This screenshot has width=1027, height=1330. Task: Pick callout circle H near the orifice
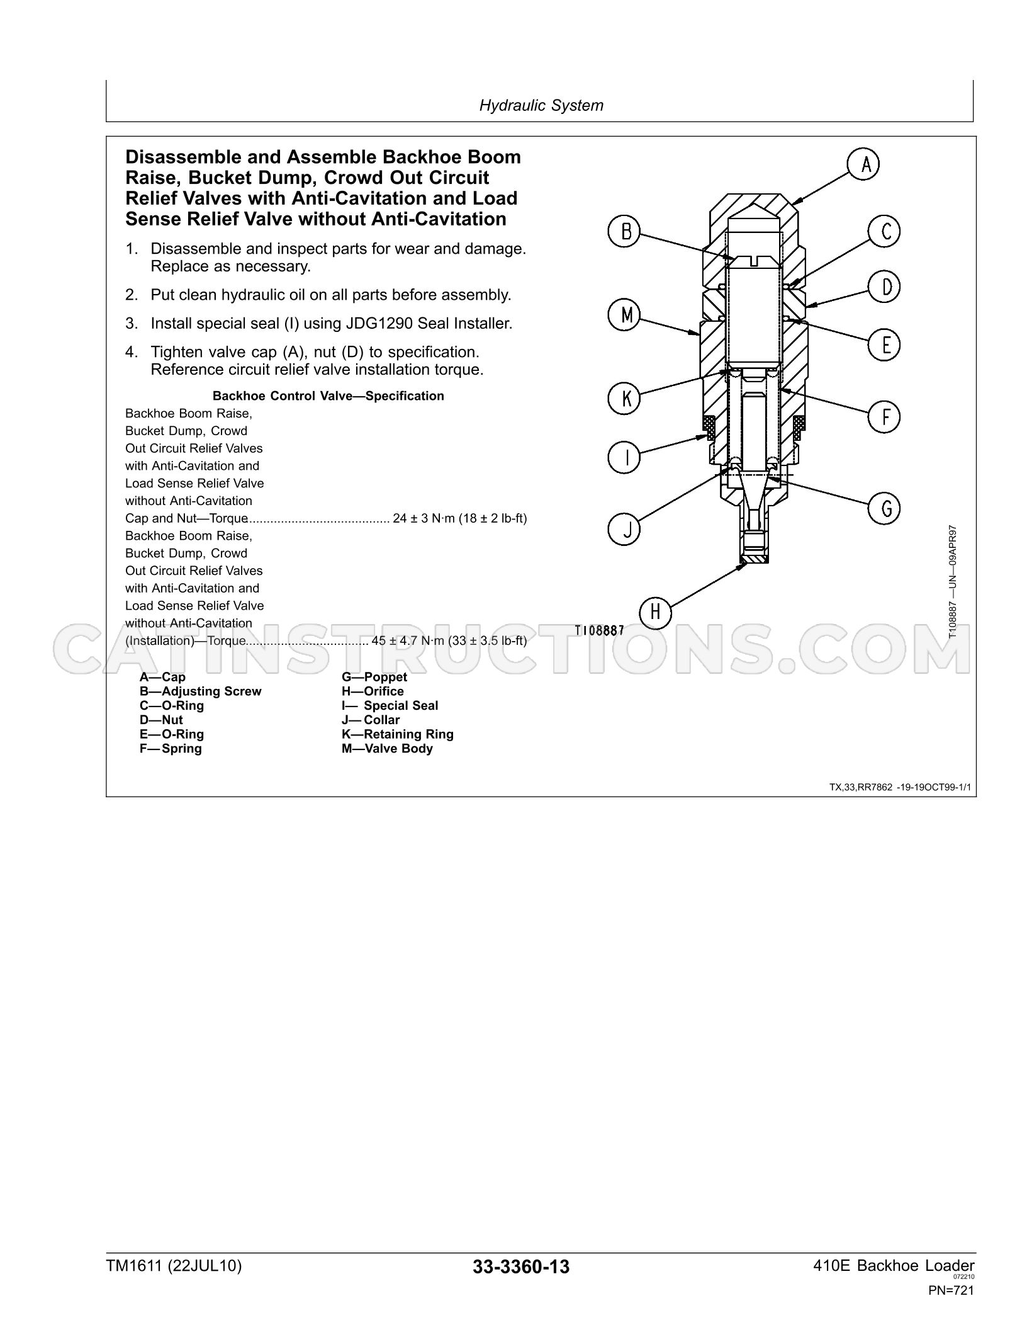(x=656, y=611)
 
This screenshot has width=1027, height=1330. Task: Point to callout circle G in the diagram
(x=884, y=508)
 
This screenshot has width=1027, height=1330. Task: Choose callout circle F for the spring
(x=884, y=416)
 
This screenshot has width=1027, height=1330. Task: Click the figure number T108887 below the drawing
(x=600, y=630)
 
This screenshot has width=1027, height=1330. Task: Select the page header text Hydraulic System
(x=541, y=105)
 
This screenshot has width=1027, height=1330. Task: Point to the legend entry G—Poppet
(x=374, y=677)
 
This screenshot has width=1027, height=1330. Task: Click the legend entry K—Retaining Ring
(x=398, y=734)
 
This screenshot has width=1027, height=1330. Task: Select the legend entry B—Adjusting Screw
(x=200, y=691)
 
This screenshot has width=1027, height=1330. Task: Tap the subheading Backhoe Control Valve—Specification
(x=328, y=396)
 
